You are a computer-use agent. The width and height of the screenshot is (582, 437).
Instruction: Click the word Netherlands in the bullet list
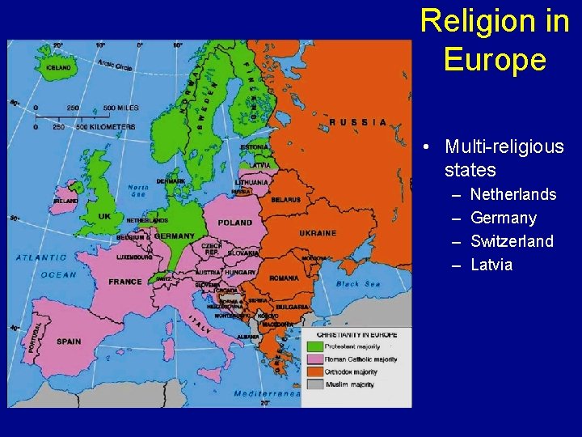click(x=513, y=194)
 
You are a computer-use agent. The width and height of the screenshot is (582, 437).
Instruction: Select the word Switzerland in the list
click(x=512, y=241)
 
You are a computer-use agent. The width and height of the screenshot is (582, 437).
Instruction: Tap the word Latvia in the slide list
click(x=491, y=265)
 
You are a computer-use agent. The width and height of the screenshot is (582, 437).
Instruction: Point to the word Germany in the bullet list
click(x=503, y=218)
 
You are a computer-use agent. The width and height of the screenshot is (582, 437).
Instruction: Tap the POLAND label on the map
click(x=234, y=223)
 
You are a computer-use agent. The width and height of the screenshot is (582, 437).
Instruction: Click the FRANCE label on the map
click(x=125, y=282)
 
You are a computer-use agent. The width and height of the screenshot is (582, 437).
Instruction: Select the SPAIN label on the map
click(x=69, y=342)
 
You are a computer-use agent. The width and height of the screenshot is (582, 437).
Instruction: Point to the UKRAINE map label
click(x=318, y=233)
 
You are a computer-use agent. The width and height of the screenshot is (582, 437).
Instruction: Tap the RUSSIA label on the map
click(x=358, y=122)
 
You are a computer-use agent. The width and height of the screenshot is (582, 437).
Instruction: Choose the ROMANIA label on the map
click(x=284, y=278)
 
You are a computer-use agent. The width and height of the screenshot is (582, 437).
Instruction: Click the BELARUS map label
click(x=286, y=199)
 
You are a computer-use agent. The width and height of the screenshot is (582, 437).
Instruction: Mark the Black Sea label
click(x=358, y=284)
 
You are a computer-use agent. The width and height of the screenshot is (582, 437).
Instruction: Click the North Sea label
click(x=138, y=191)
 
